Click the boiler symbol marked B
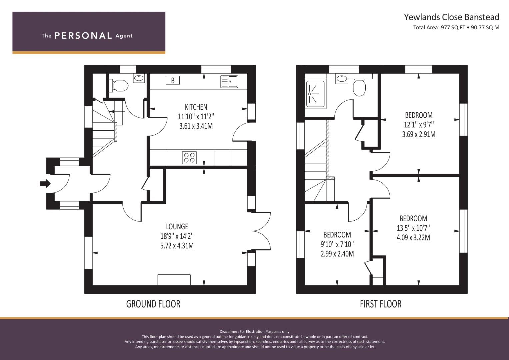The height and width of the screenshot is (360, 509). (173, 80)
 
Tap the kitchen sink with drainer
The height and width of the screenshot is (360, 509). (229, 82)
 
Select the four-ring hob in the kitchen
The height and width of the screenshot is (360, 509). (189, 157)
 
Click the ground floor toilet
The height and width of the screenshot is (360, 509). (119, 85)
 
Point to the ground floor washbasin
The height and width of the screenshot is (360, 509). (139, 78)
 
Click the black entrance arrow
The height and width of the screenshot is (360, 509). (45, 183)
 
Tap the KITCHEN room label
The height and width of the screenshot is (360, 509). (196, 107)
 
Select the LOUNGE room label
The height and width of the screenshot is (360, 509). (177, 227)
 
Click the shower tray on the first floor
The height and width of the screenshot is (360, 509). (315, 94)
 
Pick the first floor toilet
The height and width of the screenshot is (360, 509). (359, 87)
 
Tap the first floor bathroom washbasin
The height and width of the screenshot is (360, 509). (341, 79)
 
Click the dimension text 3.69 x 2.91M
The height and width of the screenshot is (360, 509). (419, 134)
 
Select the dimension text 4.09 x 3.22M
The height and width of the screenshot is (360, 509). (413, 238)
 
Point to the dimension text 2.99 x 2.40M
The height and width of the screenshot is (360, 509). (337, 254)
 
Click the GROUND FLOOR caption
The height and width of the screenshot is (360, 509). (153, 304)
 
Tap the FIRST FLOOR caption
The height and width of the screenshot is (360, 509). (381, 304)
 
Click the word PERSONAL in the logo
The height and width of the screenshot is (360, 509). (83, 36)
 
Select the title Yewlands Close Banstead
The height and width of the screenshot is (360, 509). (452, 17)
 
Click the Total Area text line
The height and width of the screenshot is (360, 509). (456, 27)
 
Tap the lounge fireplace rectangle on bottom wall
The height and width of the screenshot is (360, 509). (174, 280)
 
